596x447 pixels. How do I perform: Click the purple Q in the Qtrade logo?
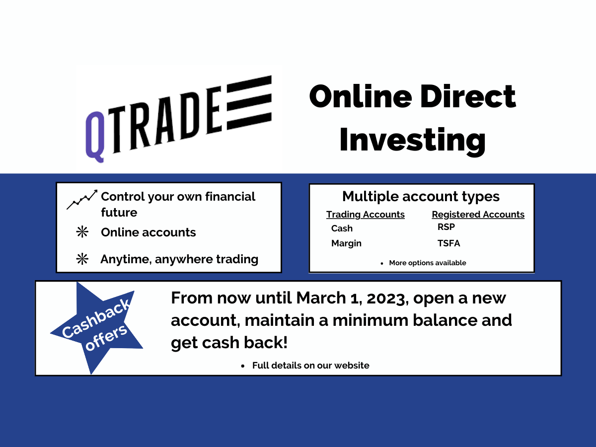[95, 137]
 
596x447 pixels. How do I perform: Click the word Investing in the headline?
[412, 141]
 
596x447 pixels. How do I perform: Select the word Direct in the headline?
[468, 96]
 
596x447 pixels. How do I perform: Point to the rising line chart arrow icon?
[82, 200]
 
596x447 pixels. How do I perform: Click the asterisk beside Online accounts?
[82, 232]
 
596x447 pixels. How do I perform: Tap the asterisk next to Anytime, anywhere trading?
[82, 259]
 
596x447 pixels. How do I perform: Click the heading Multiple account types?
[421, 197]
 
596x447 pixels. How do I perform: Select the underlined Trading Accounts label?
[365, 215]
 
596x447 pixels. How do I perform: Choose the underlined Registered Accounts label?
[478, 215]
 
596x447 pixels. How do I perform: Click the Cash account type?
[342, 228]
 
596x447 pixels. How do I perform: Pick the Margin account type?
[346, 243]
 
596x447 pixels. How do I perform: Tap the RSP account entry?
[446, 227]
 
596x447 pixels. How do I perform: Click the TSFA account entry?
[448, 243]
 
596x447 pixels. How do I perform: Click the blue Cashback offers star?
[97, 328]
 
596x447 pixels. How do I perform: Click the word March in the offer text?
[321, 298]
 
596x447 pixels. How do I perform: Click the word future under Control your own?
[119, 212]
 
